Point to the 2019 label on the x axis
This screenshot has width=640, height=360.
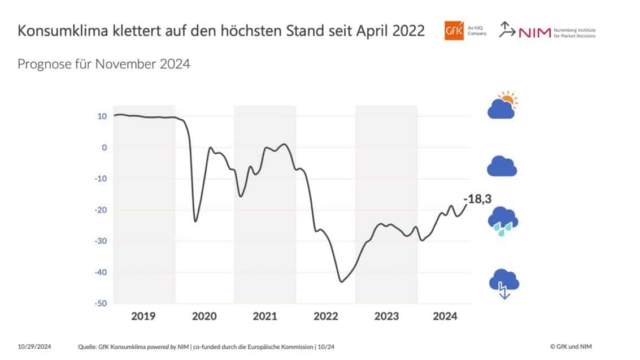(x=143, y=316)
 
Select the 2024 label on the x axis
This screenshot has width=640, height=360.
(x=445, y=316)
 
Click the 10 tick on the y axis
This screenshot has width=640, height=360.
(x=102, y=116)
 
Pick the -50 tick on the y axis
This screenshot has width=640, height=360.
(x=101, y=303)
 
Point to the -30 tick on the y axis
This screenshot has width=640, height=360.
(x=101, y=241)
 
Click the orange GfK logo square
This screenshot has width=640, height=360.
(x=454, y=32)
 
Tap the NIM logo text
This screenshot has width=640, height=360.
(x=533, y=33)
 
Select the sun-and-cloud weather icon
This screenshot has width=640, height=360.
(x=502, y=105)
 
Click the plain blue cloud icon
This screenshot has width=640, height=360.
(x=502, y=166)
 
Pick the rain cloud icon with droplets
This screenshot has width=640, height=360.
(x=503, y=221)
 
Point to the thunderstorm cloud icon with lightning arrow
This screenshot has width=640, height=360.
(x=503, y=283)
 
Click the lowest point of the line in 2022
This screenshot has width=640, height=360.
(x=341, y=281)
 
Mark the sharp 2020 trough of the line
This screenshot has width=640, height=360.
(x=195, y=221)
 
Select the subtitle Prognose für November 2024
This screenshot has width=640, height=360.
(x=104, y=64)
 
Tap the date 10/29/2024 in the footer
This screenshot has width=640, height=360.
(x=34, y=346)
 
